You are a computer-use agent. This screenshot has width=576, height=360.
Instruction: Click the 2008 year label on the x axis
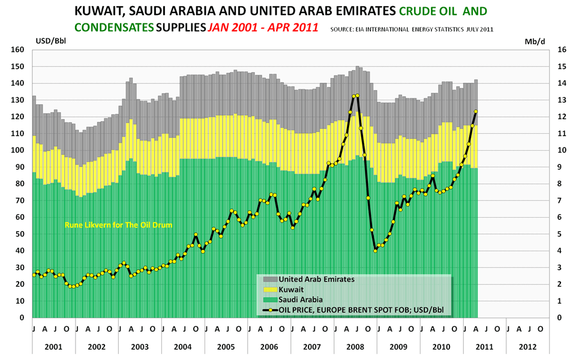coord(355,347)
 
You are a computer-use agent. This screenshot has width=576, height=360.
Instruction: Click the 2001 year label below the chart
coord(53,347)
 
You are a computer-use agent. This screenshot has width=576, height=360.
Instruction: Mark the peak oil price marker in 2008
coord(357,95)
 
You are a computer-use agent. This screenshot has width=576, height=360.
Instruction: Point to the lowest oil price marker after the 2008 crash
coord(375,250)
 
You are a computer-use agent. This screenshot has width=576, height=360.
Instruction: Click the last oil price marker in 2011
coord(476,111)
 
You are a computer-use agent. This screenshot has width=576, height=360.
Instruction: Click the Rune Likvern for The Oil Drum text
coord(118,225)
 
